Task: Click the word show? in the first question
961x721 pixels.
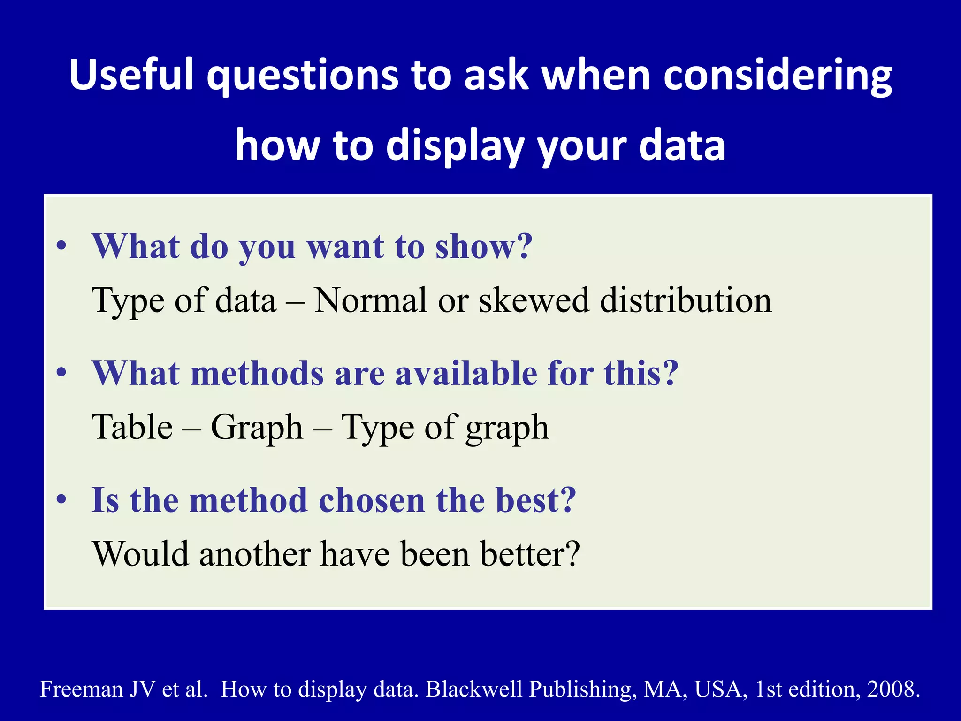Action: point(484,246)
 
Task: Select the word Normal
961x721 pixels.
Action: point(370,300)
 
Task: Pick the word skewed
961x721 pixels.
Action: point(534,300)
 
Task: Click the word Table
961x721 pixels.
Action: point(133,427)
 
